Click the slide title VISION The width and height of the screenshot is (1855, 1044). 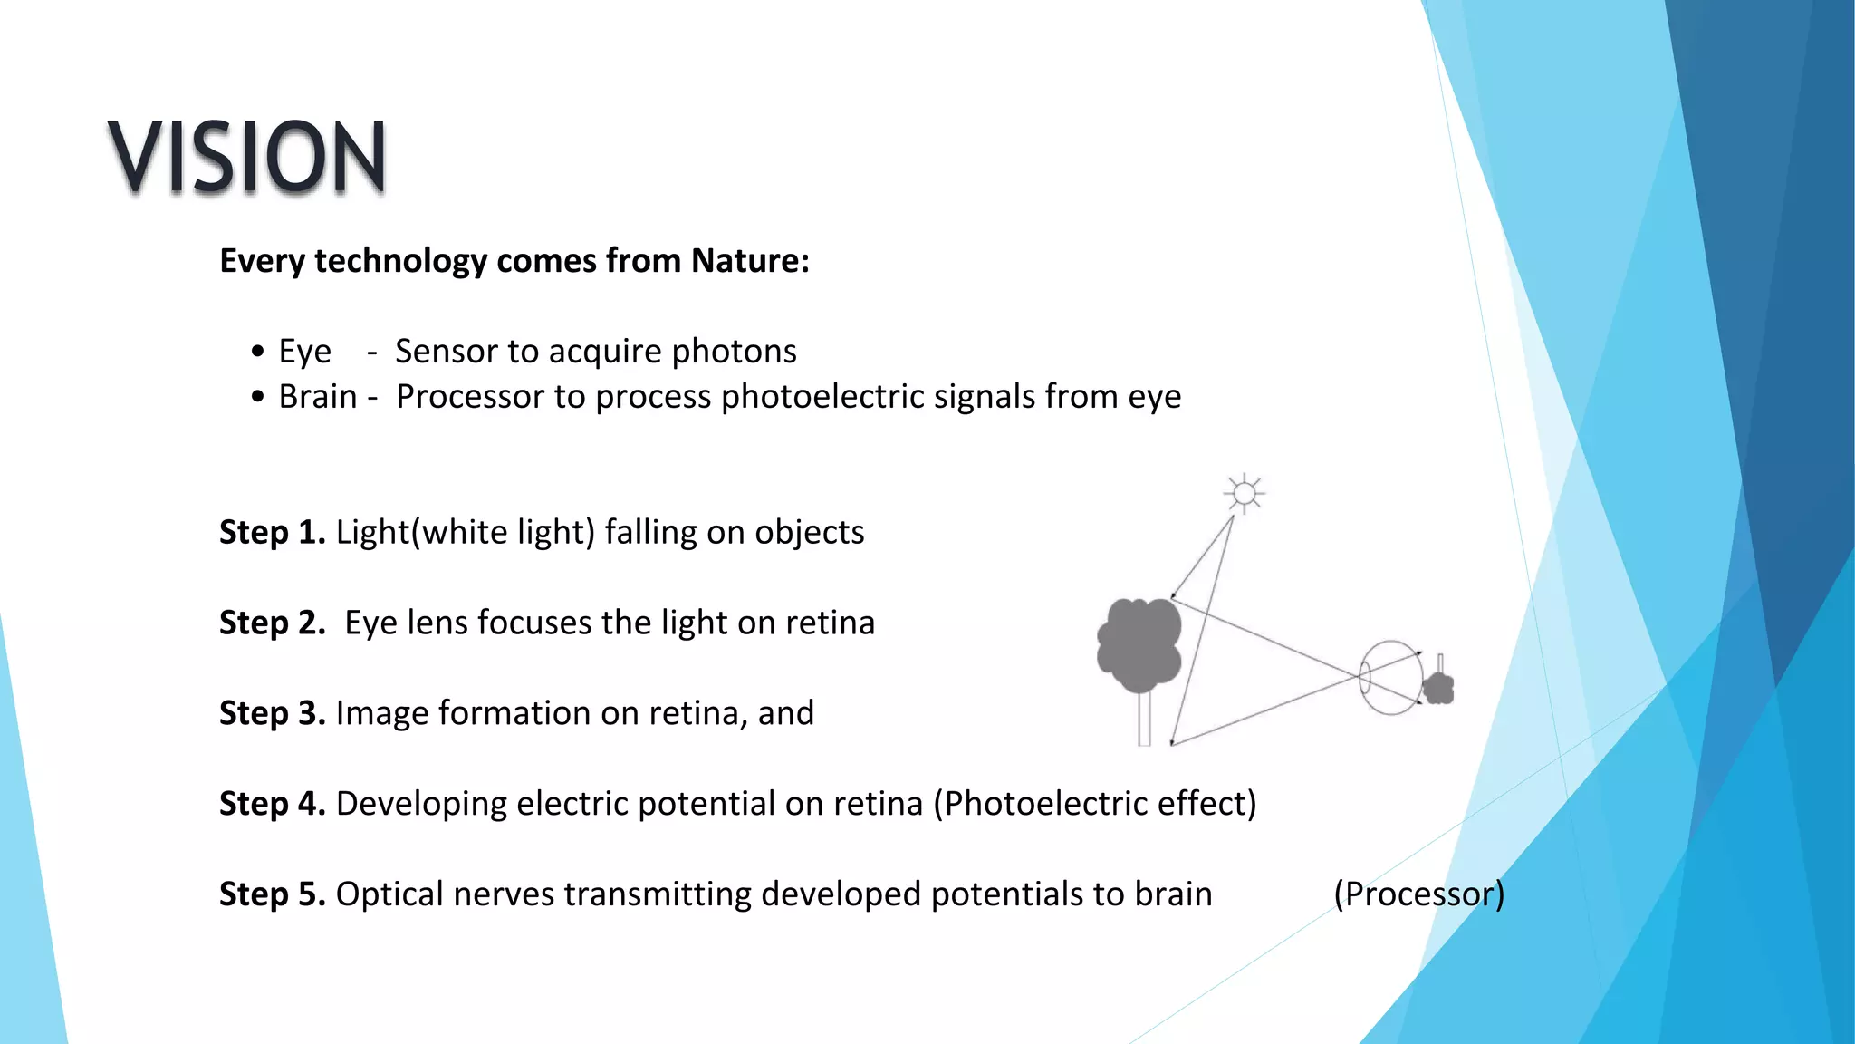(246, 157)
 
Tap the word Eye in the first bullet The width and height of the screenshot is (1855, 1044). (304, 352)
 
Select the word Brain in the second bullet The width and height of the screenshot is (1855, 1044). (317, 397)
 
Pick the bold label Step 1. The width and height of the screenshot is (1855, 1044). (272, 532)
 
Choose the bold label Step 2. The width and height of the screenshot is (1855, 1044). (272, 623)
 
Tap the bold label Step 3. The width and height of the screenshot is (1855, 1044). (272, 713)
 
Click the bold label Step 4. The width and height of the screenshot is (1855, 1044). (272, 804)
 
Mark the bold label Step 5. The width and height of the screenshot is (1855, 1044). (272, 894)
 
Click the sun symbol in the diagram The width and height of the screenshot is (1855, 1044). (1245, 494)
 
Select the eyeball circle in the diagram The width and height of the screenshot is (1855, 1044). (1390, 677)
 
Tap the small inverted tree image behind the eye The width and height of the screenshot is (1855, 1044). (1438, 687)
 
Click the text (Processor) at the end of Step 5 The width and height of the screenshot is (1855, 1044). (1418, 894)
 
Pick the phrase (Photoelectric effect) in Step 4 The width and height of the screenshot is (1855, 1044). (1095, 804)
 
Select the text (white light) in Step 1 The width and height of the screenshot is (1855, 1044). (503, 532)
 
